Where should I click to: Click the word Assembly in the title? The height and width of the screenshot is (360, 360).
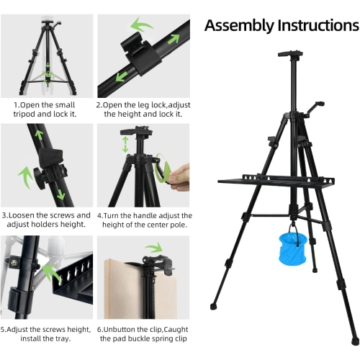239,26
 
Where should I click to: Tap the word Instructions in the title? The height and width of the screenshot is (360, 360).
318,25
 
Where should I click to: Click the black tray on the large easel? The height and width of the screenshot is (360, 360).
276,181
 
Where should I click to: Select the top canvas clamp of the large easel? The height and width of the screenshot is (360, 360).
290,54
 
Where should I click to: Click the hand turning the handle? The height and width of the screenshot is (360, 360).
179,174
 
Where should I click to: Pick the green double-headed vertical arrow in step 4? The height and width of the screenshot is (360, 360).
125,145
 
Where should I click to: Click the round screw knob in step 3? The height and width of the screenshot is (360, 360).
39,178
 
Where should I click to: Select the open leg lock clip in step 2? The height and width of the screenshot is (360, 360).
140,55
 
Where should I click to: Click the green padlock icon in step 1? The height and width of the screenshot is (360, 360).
48,74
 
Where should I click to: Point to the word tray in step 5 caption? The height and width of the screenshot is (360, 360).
63,339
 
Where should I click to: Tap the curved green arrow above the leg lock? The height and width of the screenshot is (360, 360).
142,24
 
